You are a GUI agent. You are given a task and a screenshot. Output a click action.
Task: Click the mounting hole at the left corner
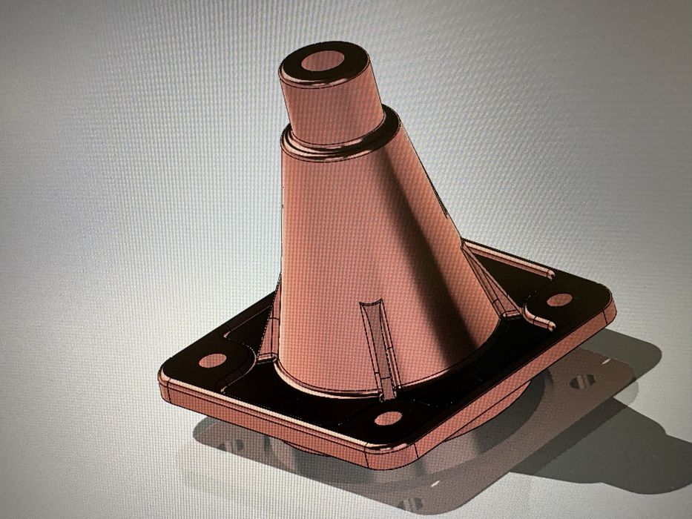coord(213,360)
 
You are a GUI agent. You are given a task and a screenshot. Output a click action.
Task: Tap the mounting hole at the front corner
coord(388,418)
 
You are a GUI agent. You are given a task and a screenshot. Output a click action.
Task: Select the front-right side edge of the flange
coord(512,386)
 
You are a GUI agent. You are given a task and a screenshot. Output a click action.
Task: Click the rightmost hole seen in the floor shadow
coord(583,381)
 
